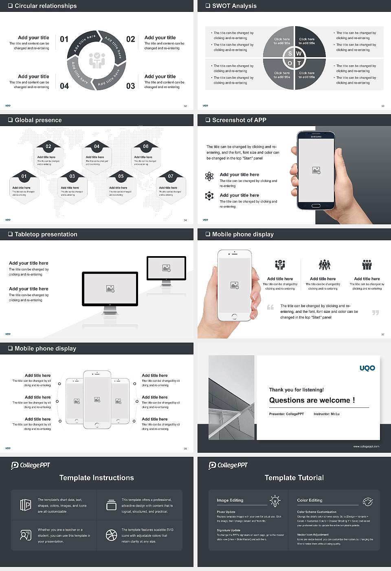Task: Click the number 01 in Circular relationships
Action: click(x=64, y=39)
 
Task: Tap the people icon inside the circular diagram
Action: click(x=97, y=60)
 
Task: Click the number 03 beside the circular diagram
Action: click(x=130, y=86)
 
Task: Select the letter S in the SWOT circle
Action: click(x=290, y=53)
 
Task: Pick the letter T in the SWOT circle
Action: click(x=299, y=63)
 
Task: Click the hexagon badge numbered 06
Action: click(x=146, y=146)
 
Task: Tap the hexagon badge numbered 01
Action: click(x=24, y=176)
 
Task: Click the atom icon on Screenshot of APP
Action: click(x=209, y=176)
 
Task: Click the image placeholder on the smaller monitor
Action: click(x=166, y=268)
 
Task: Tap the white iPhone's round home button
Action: click(x=234, y=316)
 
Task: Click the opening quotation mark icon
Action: click(x=270, y=307)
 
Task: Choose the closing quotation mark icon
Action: click(x=376, y=312)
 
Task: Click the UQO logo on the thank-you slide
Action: click(x=367, y=368)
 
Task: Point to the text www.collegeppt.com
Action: click(x=366, y=446)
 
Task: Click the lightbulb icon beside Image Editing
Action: click(x=275, y=500)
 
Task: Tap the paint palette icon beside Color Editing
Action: click(x=367, y=501)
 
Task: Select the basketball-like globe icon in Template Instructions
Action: click(x=111, y=535)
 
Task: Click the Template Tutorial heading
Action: click(x=294, y=478)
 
